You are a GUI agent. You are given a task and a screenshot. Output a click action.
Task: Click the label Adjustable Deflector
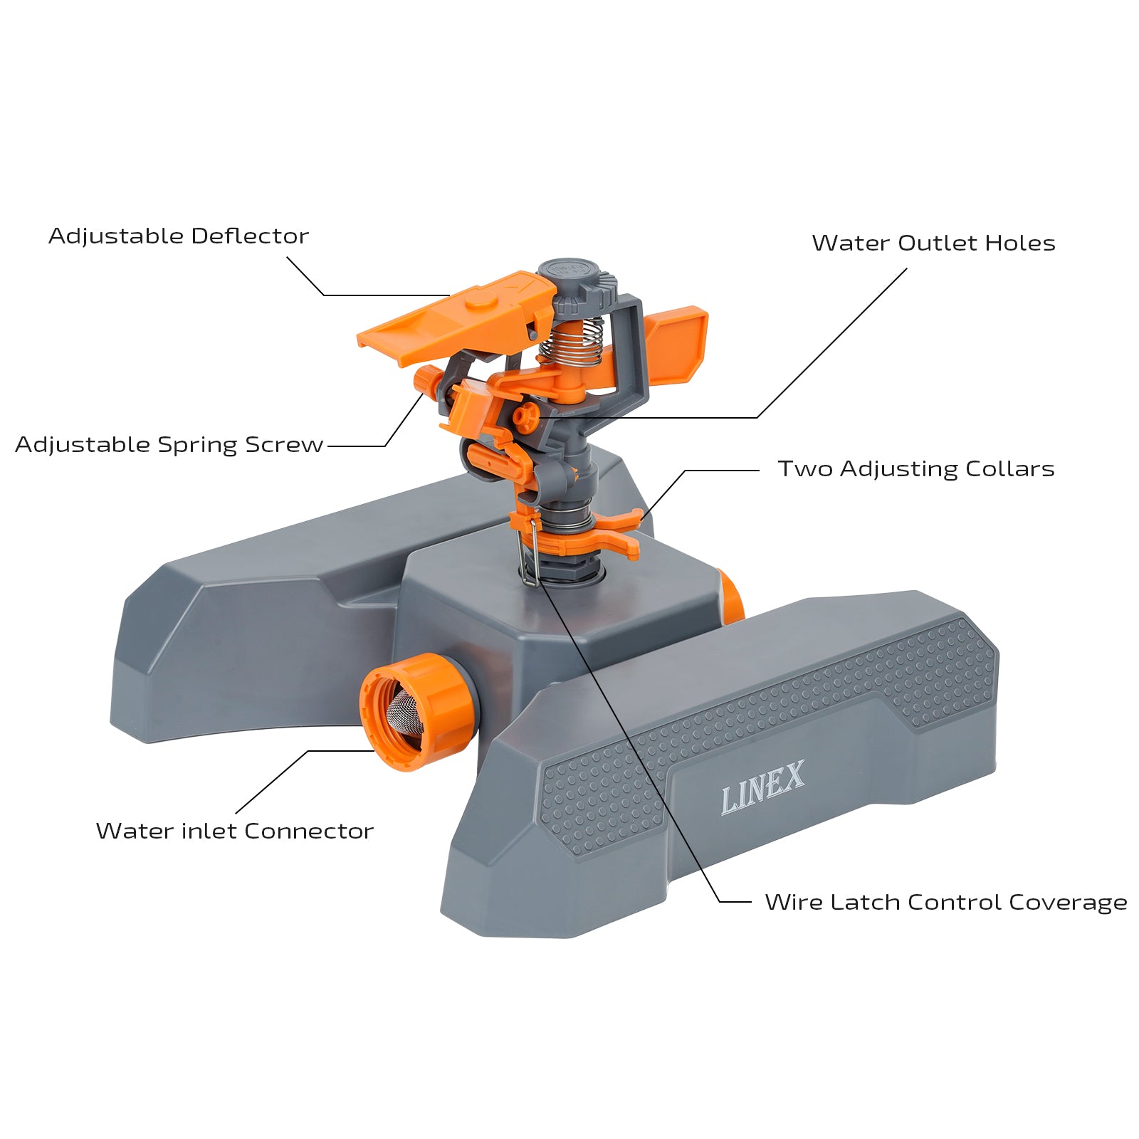pos(179,236)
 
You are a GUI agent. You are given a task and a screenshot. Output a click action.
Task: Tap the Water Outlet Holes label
pos(933,243)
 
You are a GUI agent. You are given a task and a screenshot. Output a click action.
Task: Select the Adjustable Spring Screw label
pos(169,445)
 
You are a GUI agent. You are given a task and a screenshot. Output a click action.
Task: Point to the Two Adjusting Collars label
pos(915,469)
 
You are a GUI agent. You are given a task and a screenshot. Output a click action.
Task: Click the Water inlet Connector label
pos(235,831)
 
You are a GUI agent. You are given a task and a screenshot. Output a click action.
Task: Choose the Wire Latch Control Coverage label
pos(946,903)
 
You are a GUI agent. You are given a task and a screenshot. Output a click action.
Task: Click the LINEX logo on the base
pos(762,787)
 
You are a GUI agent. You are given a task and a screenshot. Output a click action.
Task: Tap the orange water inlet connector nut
pos(419,712)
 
